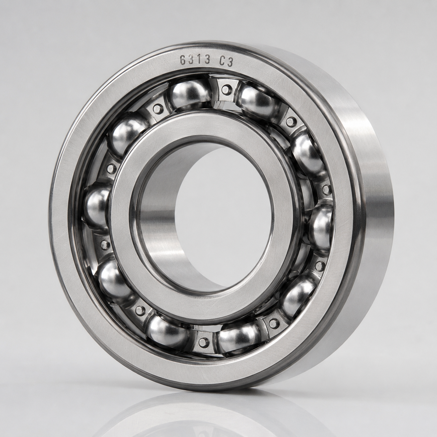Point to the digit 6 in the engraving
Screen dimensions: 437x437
point(183,60)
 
